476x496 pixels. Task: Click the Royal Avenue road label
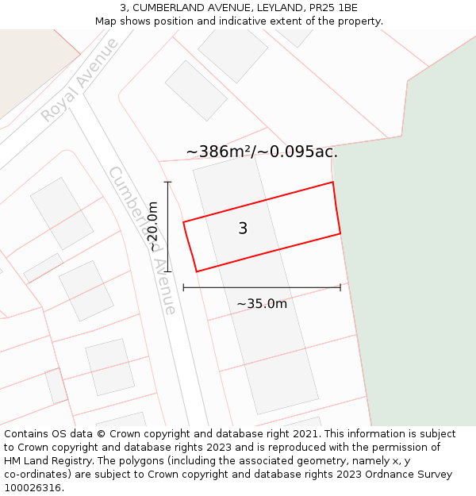(x=79, y=80)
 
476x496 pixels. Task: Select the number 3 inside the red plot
(x=243, y=229)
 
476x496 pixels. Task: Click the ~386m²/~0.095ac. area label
(x=262, y=152)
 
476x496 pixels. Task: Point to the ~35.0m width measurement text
(x=262, y=303)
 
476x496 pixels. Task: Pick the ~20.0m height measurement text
(x=153, y=227)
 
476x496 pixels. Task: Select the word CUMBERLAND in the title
(x=163, y=8)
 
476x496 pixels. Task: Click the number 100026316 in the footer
(x=32, y=487)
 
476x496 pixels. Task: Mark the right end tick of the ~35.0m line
(x=340, y=287)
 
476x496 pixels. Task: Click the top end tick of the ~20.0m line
(x=167, y=183)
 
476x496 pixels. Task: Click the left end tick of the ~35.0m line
(x=183, y=287)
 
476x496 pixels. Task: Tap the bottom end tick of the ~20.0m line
(x=167, y=272)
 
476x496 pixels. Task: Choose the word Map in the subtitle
(x=106, y=21)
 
